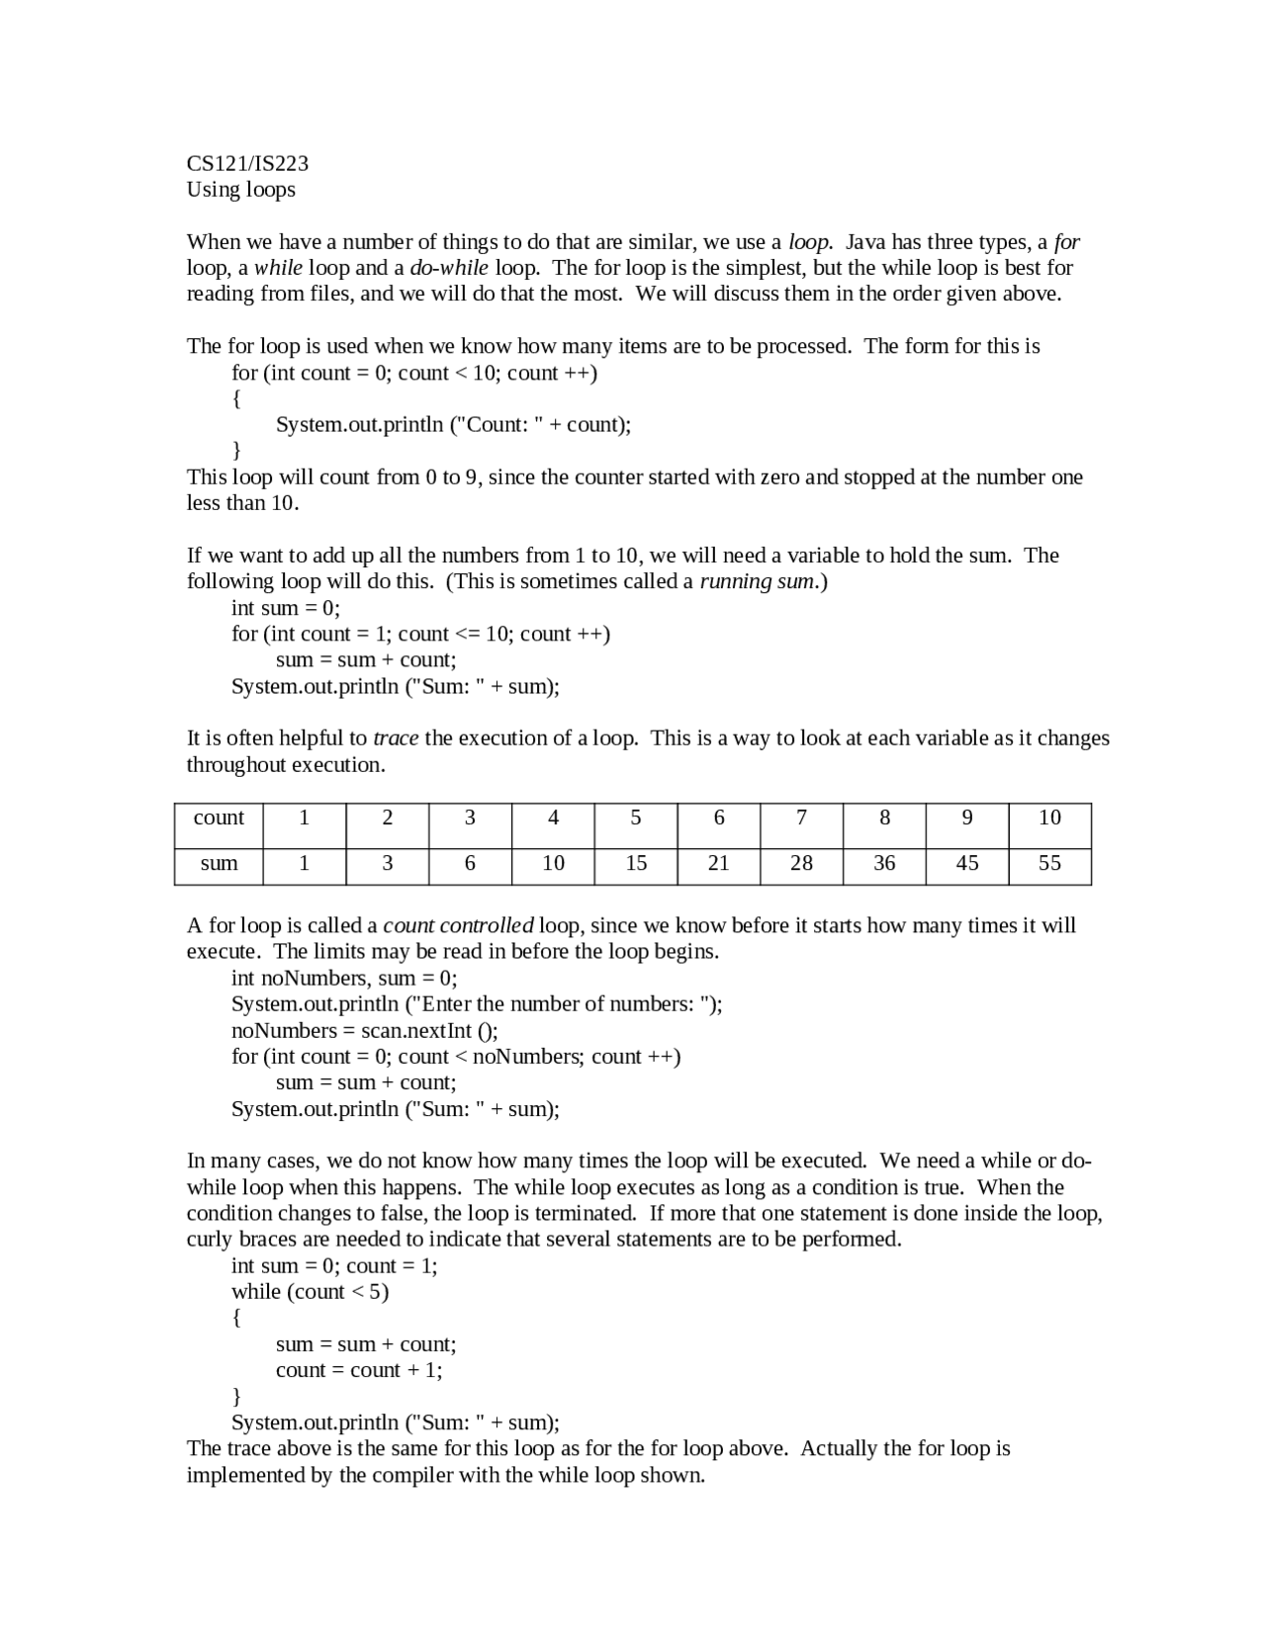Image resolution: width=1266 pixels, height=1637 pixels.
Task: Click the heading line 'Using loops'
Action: pos(240,189)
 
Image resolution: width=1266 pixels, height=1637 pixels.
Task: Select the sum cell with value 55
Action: pos(1049,863)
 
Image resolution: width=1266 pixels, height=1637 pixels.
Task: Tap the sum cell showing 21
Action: pos(718,863)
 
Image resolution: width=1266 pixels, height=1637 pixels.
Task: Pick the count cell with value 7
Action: pos(801,818)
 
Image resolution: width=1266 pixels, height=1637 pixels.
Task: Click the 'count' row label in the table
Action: pos(219,818)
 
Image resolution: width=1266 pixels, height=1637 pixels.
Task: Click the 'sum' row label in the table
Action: pos(219,863)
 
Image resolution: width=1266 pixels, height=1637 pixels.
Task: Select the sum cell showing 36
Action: pos(884,863)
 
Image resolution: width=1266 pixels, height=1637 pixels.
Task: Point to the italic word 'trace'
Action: pos(396,738)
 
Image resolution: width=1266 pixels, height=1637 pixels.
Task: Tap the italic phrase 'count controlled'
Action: pos(458,926)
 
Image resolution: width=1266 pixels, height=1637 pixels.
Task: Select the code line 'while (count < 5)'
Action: pos(310,1292)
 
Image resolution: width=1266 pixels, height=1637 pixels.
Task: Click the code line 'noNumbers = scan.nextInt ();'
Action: pos(364,1031)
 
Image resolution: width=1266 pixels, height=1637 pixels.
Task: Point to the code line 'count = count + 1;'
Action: pos(359,1370)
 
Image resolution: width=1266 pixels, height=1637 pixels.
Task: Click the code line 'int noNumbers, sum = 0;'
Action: pos(344,979)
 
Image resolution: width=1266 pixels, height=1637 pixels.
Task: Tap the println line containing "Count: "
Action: pos(453,425)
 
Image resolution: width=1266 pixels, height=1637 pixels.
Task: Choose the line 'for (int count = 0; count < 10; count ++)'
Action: pos(414,373)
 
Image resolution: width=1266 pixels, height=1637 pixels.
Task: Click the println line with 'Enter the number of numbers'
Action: pos(477,1004)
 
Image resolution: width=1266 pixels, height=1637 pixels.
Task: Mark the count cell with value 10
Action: pos(1049,818)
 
